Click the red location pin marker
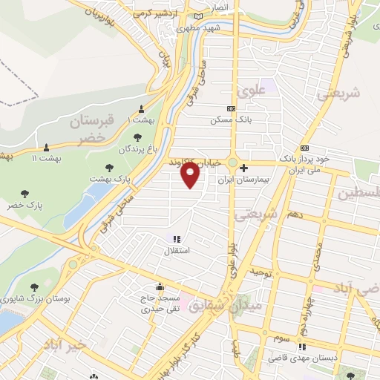[x=191, y=175]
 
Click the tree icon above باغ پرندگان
[x=137, y=137]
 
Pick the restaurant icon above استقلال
[x=177, y=239]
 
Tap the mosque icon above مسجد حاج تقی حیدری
[x=160, y=286]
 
